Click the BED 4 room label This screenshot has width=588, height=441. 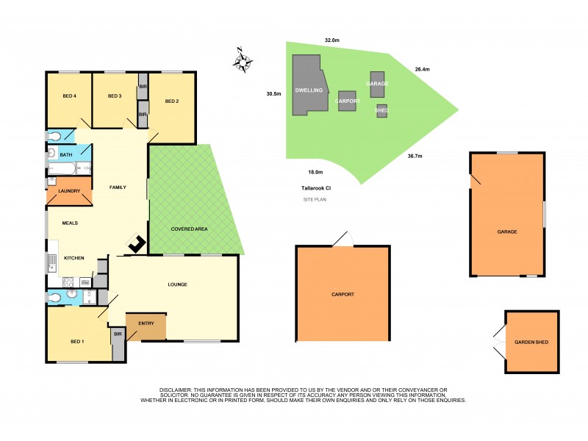[x=70, y=96]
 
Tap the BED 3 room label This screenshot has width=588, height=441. [x=114, y=96]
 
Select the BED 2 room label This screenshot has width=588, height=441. [x=172, y=101]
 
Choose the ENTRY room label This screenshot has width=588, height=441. [x=146, y=323]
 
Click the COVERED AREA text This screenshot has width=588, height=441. [x=189, y=229]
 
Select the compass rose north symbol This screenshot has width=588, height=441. [x=242, y=60]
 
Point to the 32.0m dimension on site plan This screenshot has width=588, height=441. [x=331, y=40]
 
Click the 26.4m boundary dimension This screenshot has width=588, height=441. [x=422, y=69]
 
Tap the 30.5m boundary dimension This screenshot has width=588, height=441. [x=273, y=93]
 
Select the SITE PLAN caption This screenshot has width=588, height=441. [x=316, y=199]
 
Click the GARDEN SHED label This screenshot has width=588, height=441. [x=531, y=343]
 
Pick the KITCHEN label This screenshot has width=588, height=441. [x=74, y=258]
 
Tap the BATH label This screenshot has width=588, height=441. [x=66, y=154]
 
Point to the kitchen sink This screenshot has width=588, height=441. [x=51, y=262]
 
